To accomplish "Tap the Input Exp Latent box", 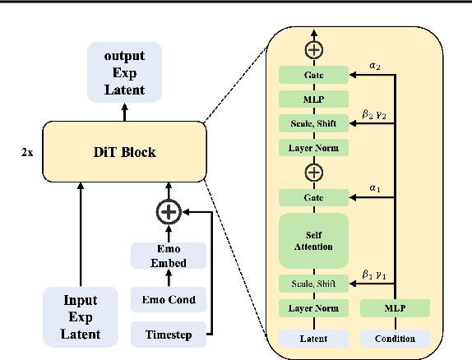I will pyautogui.click(x=81, y=316).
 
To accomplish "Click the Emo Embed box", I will pyautogui.click(x=169, y=256).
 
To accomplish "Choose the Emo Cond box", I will pyautogui.click(x=169, y=300).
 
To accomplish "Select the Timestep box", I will pyautogui.click(x=169, y=335).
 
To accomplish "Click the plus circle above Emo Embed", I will pyautogui.click(x=169, y=212).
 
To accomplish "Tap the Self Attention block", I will pyautogui.click(x=313, y=241).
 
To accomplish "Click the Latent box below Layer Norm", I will pyautogui.click(x=313, y=338).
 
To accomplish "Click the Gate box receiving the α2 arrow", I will pyautogui.click(x=313, y=75).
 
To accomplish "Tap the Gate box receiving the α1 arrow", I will pyautogui.click(x=313, y=197).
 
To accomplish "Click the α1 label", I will pyautogui.click(x=375, y=188).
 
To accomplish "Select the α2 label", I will pyautogui.click(x=375, y=66).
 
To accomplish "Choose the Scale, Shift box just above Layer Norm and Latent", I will pyautogui.click(x=313, y=284).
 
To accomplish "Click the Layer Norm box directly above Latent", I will pyautogui.click(x=313, y=309).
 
